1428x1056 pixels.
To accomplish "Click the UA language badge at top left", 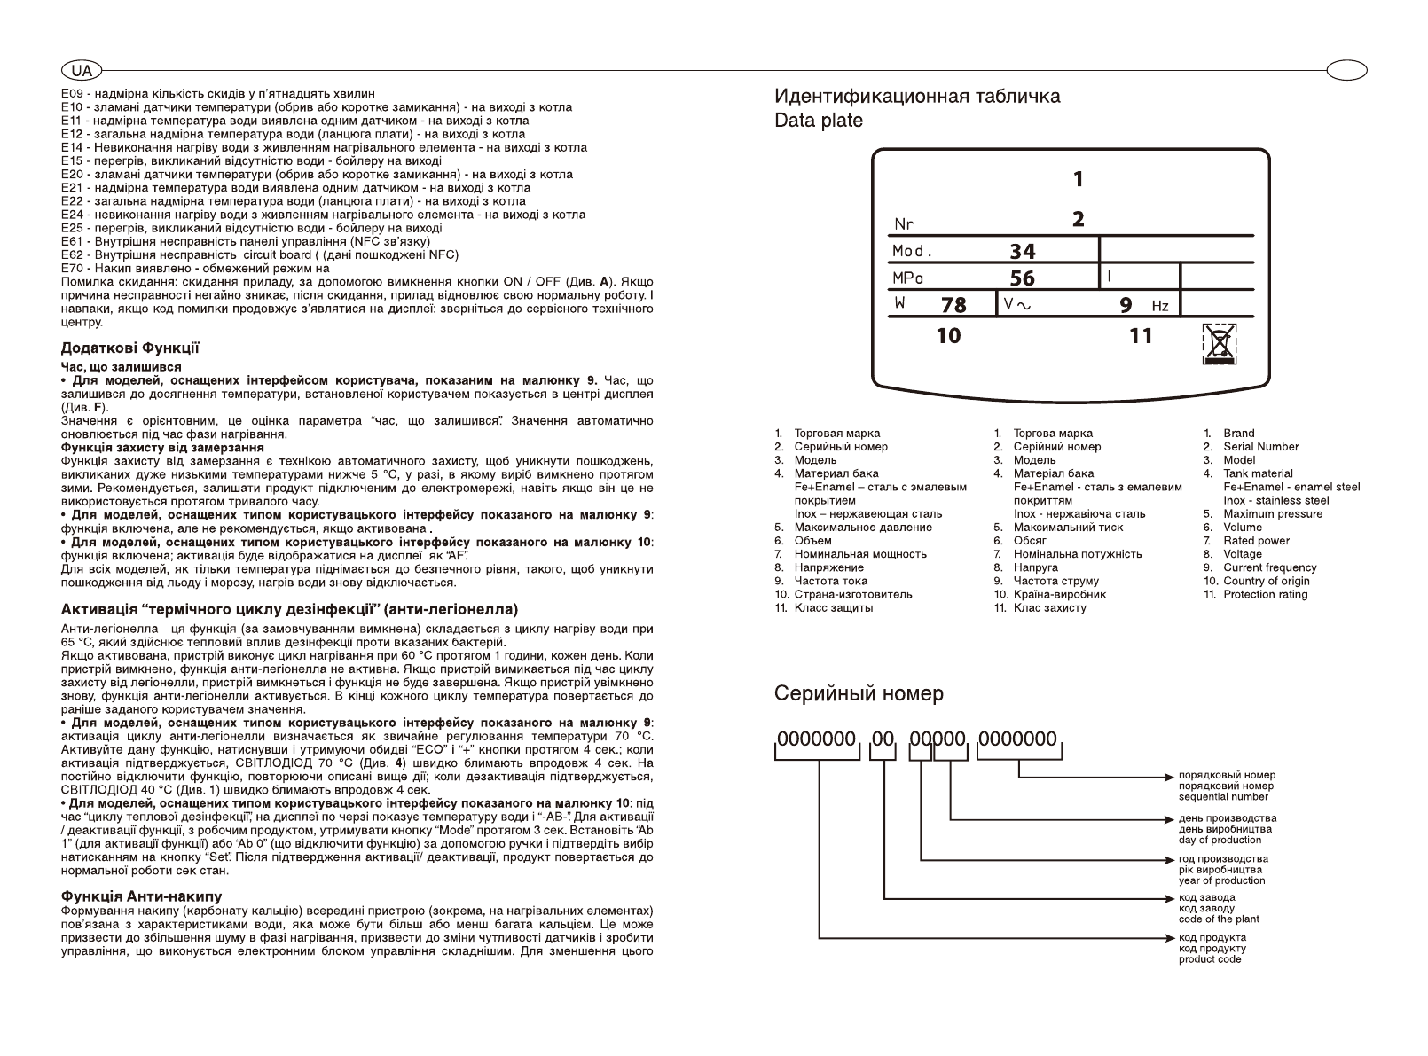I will tap(82, 70).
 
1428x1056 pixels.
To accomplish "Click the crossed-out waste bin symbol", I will tap(1220, 343).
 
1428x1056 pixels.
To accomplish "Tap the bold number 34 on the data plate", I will tap(1023, 252).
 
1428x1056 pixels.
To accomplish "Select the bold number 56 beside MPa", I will tap(1023, 278).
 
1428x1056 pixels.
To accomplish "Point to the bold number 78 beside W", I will tap(953, 305).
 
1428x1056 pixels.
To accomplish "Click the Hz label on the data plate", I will tap(1160, 307).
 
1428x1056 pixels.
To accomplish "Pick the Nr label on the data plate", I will tap(904, 224).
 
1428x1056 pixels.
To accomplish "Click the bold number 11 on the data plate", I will tap(1141, 335).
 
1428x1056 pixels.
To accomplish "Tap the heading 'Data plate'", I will tap(818, 121).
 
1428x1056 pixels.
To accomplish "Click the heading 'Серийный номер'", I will tap(859, 693).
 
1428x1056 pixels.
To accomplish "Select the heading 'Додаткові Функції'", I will tap(129, 348).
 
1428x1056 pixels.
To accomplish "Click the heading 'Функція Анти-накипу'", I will tap(141, 896).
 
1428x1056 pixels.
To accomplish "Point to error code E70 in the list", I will tap(71, 268).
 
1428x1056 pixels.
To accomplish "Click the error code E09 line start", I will tap(71, 93).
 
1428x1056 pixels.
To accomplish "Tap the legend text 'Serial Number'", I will tap(1260, 447).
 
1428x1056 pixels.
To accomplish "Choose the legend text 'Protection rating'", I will tap(1266, 594).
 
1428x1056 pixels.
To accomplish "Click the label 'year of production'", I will tap(1221, 880).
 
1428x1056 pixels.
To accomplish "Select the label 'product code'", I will tap(1210, 959).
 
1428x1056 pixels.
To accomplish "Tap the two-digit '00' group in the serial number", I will tap(883, 739).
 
